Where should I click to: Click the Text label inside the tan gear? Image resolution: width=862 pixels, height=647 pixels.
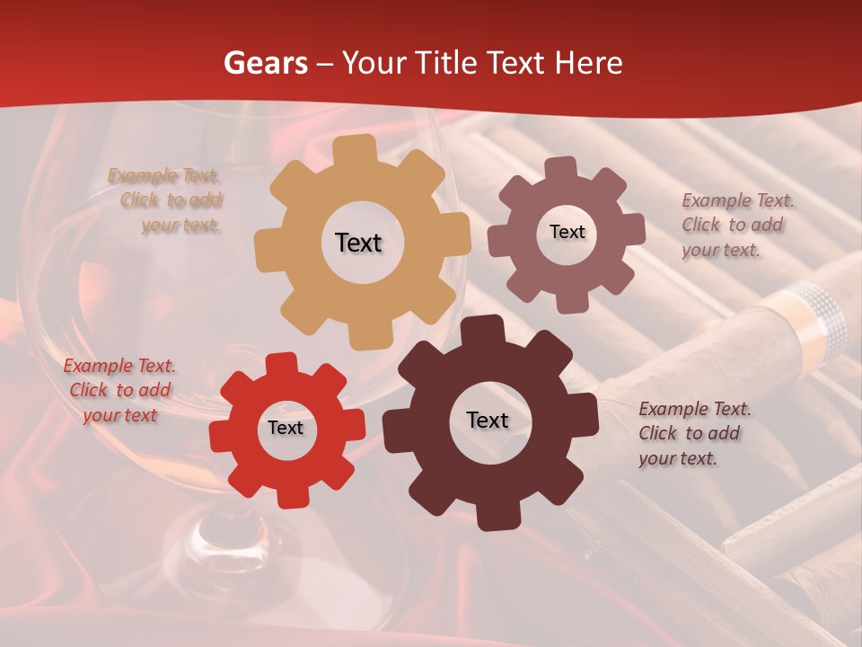(358, 243)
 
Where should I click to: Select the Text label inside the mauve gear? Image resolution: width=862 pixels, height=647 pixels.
(567, 232)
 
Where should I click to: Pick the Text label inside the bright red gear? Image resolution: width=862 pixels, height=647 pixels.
(286, 428)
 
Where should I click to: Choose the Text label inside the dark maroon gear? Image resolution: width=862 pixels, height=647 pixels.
(488, 420)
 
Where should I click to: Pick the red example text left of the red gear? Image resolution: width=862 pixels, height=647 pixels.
(119, 390)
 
